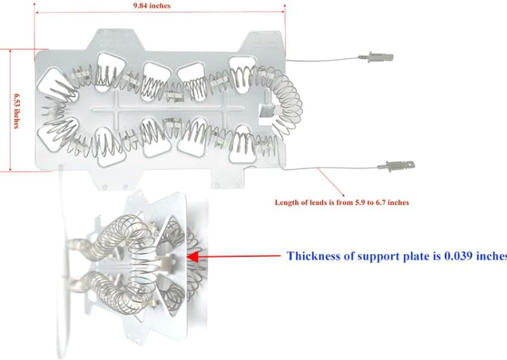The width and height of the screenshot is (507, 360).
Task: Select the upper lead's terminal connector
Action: click(378, 58)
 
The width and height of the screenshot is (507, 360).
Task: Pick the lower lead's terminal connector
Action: click(396, 165)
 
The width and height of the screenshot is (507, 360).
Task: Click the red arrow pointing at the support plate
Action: click(233, 256)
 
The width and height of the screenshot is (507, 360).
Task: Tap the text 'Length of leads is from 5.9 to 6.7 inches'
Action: click(341, 203)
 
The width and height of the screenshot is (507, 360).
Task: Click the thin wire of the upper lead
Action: click(324, 60)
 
